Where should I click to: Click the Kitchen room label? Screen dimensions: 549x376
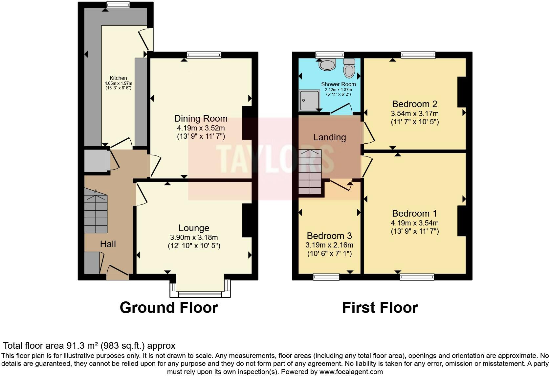(118, 78)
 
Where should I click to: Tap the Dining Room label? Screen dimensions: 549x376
(201, 118)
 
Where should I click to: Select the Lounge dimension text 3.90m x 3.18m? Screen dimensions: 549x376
(194, 237)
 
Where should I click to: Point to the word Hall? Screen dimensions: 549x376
(108, 244)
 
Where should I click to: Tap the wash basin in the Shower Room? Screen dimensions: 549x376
(327, 64)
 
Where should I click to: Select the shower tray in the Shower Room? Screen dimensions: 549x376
(309, 100)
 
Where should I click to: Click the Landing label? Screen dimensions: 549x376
(329, 137)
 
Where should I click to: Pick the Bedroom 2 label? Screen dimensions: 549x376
(414, 104)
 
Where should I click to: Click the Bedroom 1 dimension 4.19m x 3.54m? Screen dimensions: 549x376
(415, 223)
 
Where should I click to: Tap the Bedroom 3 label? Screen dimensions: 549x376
(329, 236)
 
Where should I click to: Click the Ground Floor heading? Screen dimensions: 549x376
(169, 308)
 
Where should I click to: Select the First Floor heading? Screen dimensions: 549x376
(380, 308)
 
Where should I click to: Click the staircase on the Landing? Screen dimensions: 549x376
(310, 172)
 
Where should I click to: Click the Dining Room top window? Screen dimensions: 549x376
(204, 55)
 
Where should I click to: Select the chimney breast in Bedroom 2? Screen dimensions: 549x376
(462, 92)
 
